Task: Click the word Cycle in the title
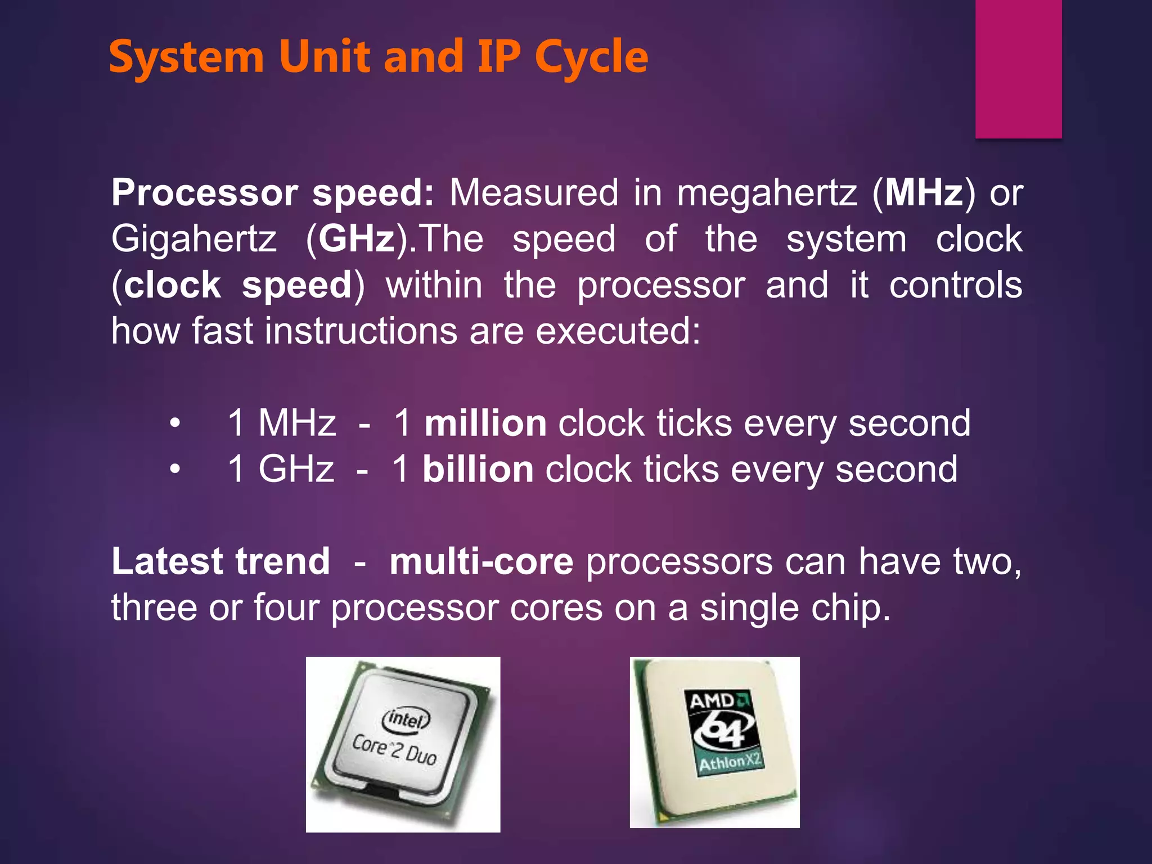click(x=591, y=57)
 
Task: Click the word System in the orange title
click(x=186, y=57)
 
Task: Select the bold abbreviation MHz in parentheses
click(x=924, y=193)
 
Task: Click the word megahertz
click(x=767, y=193)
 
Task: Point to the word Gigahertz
click(x=194, y=239)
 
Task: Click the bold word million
click(x=485, y=423)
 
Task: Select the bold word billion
click(x=478, y=469)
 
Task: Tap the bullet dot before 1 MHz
click(x=175, y=423)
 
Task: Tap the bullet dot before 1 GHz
click(x=175, y=469)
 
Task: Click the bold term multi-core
click(x=481, y=561)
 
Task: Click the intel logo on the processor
click(x=406, y=719)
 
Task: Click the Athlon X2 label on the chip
click(x=730, y=763)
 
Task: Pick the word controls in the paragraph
click(x=955, y=285)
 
